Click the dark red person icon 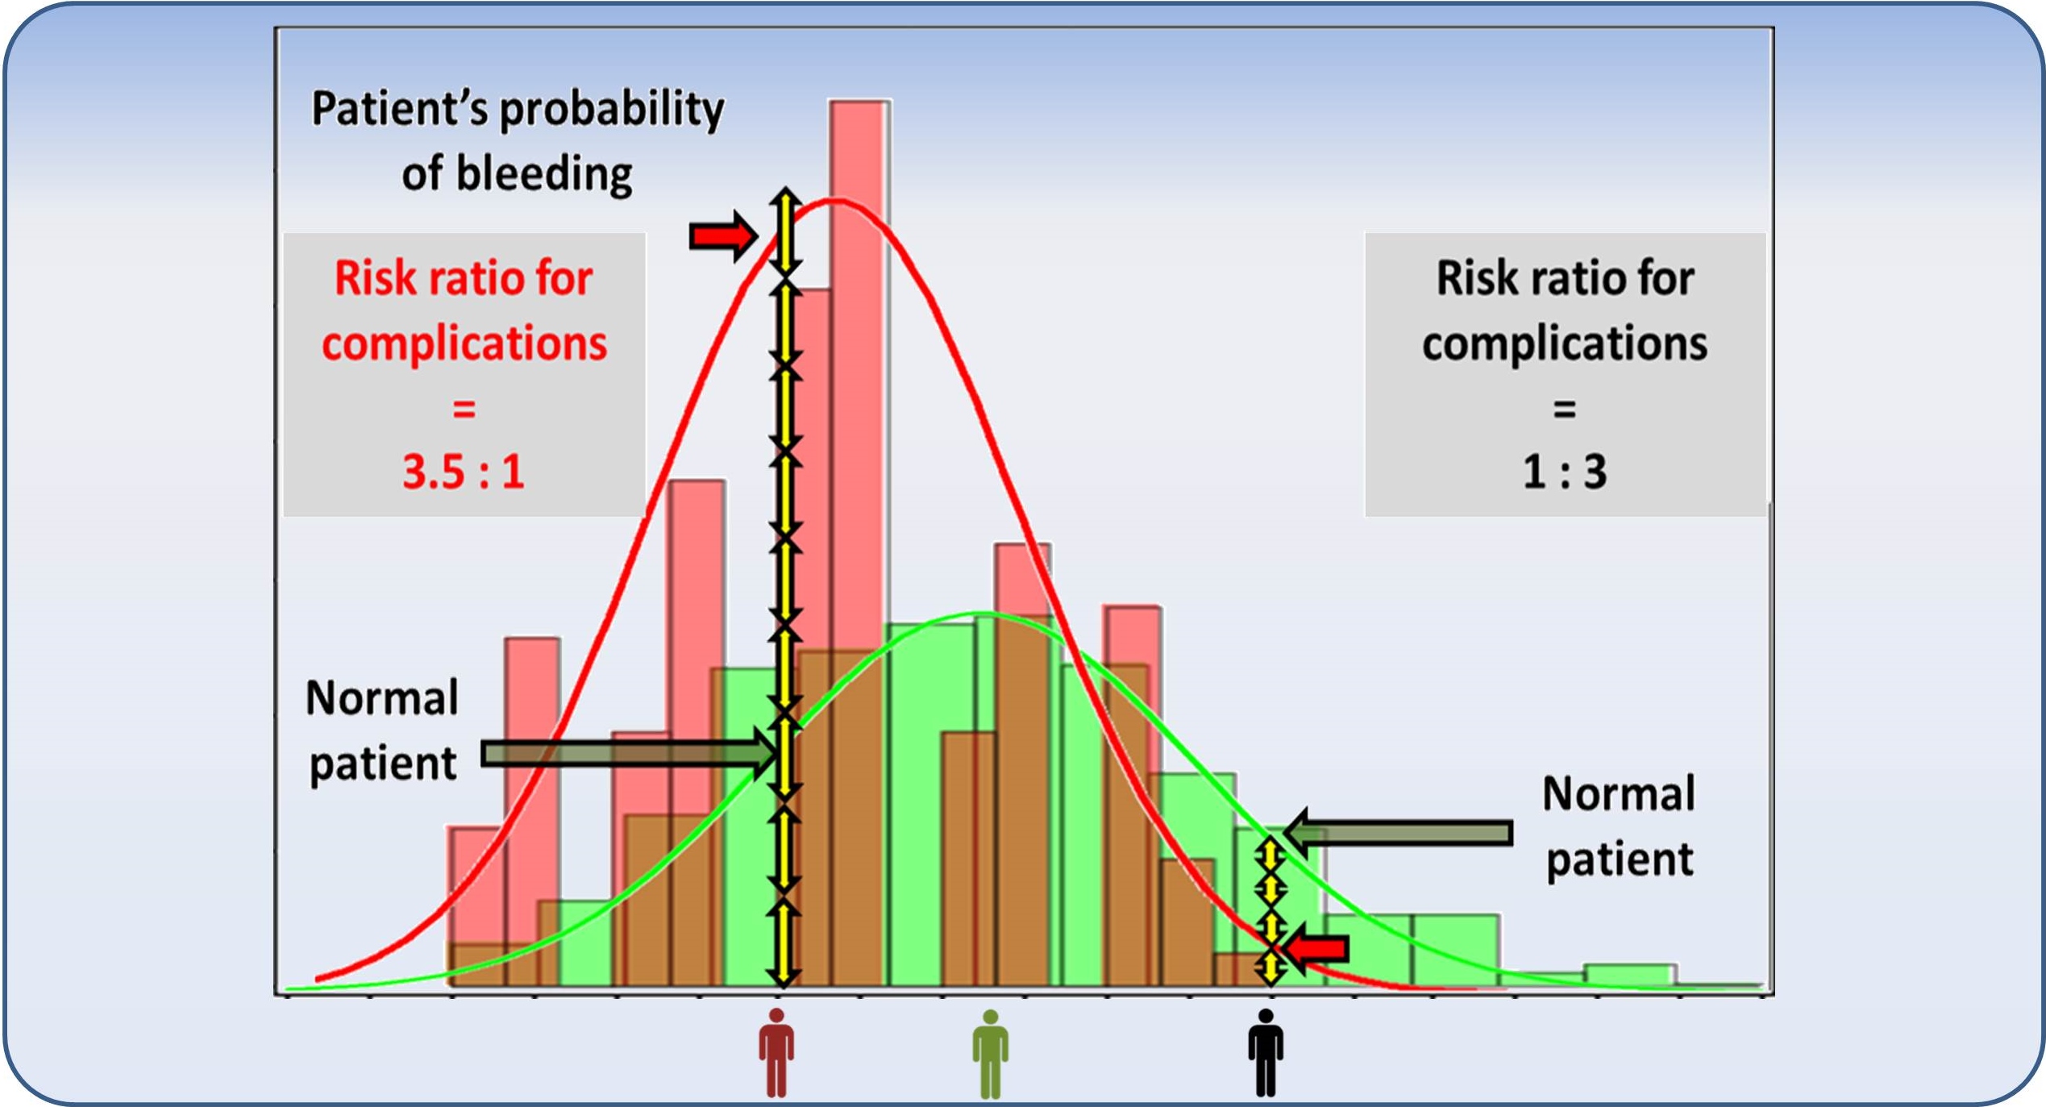click(776, 1052)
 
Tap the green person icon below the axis click(990, 1053)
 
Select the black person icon click(1266, 1052)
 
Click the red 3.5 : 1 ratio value click(464, 472)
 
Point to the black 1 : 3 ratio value click(1565, 472)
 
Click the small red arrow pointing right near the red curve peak click(723, 236)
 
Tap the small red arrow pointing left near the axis click(1316, 949)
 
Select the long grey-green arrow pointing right click(630, 755)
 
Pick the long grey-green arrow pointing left click(1397, 832)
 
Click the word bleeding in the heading click(545, 175)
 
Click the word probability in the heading click(612, 110)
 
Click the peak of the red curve click(837, 200)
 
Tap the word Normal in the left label click(382, 698)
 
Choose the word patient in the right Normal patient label click(1620, 859)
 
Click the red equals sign click(464, 409)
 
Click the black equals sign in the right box click(1565, 409)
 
